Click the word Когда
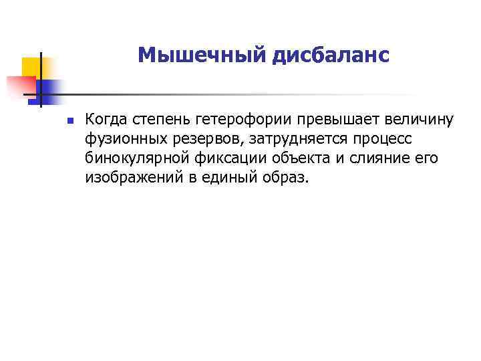pyautogui.click(x=107, y=120)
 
